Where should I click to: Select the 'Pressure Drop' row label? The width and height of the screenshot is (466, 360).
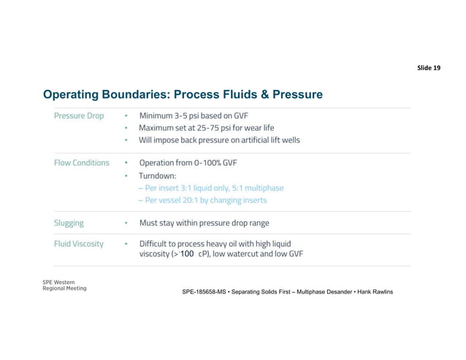79,115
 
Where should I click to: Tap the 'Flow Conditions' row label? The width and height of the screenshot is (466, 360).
82,163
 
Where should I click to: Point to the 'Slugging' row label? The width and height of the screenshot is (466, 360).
69,223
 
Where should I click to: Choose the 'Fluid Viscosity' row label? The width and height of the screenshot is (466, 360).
79,243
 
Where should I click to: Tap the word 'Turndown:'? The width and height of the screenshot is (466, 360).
160,176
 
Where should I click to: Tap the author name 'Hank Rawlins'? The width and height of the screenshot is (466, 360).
373,292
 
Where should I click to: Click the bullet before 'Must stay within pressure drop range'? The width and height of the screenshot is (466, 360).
126,223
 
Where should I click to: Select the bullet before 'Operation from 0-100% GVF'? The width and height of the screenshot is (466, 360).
126,163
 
